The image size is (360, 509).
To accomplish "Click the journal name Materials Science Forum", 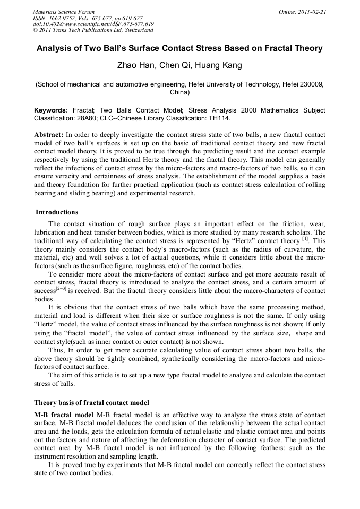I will (64, 12).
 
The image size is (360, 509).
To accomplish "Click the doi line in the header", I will (93, 24).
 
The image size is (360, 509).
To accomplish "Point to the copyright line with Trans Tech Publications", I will (91, 30).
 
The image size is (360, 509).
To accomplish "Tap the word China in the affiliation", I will (179, 92).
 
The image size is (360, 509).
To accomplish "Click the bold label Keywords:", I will (51, 110).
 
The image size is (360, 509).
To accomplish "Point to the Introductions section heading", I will (57, 212).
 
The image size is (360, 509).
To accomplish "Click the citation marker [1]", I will (305, 239).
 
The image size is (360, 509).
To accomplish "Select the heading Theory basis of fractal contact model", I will (91, 402).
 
